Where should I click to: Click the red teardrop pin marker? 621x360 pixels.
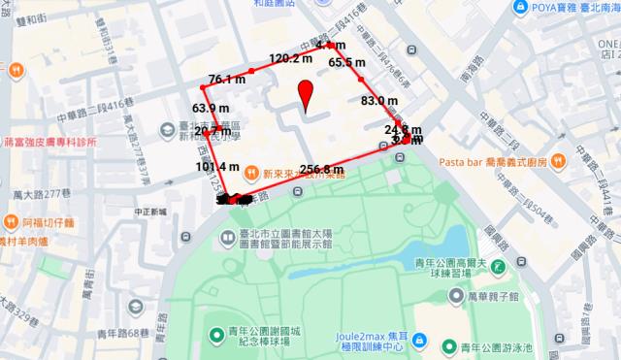(x=308, y=97)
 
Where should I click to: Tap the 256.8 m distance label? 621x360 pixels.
(x=323, y=171)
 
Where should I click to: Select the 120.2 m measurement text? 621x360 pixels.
(x=291, y=58)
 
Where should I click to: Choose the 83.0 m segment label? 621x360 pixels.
(x=379, y=100)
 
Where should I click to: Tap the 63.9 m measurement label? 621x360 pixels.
(x=211, y=108)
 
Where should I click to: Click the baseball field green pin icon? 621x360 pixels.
(x=218, y=337)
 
